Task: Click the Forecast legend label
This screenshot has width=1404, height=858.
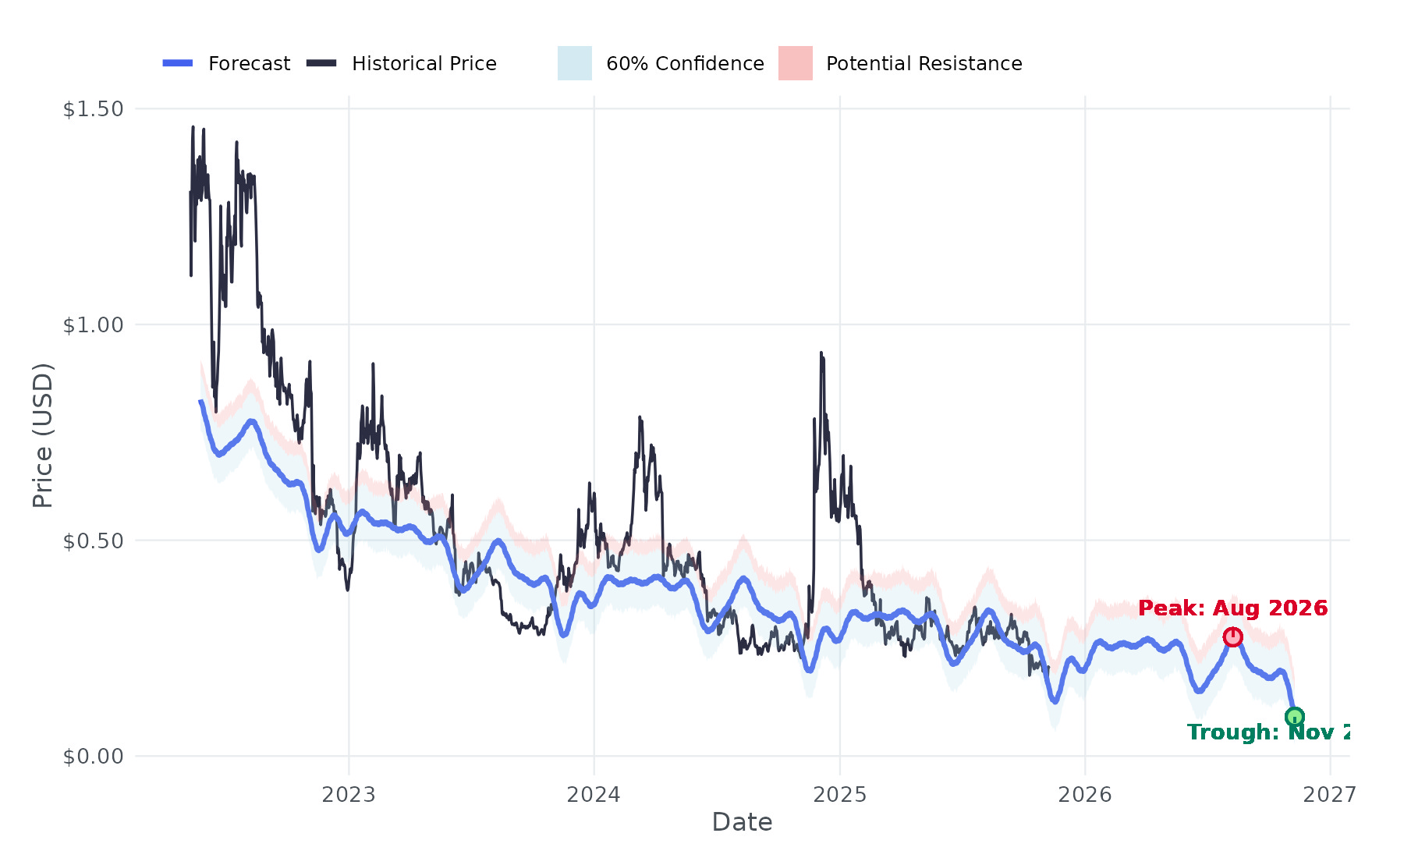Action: point(249,63)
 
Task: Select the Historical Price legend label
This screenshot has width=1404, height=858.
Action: point(424,63)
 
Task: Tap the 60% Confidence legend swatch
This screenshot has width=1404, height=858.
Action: point(574,63)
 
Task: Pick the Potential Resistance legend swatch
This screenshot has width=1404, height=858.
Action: point(795,63)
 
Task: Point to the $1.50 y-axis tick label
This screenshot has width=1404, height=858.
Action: point(94,109)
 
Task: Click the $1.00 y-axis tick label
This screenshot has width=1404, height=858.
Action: point(94,324)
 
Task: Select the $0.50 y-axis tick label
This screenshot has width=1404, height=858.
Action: point(94,541)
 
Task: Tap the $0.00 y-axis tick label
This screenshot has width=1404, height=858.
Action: point(94,756)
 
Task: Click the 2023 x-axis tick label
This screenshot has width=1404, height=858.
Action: point(349,795)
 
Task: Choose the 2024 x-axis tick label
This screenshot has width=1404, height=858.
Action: point(594,795)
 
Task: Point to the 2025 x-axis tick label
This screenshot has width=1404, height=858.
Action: point(839,795)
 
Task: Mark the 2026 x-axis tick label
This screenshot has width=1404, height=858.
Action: point(1084,795)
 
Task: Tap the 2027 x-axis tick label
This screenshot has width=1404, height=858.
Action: point(1329,795)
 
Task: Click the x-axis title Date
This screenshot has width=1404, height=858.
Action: point(742,822)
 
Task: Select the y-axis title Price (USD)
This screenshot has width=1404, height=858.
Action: point(43,435)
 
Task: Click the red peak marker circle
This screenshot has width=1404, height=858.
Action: point(1232,637)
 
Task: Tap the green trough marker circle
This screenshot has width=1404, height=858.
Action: point(1294,717)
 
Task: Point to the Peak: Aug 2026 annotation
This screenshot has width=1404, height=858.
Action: point(1232,608)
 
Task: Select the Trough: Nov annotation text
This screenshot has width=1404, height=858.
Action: point(1268,732)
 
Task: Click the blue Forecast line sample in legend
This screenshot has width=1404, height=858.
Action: point(178,63)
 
